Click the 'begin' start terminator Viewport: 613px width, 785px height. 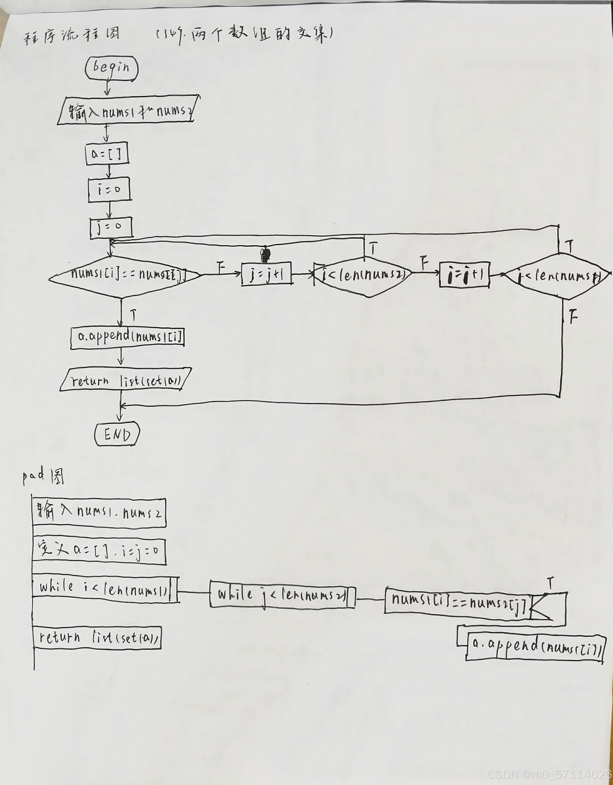tap(112, 68)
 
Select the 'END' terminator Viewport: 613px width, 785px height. tap(117, 434)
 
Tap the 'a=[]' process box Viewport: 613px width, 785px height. tap(107, 154)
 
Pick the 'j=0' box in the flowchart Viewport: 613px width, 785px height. tap(111, 227)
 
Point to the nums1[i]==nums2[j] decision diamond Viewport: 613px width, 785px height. tap(124, 276)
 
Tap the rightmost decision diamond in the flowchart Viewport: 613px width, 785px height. tap(558, 276)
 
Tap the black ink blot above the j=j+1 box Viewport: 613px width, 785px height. tap(265, 255)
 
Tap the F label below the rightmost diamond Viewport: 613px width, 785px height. tap(573, 317)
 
